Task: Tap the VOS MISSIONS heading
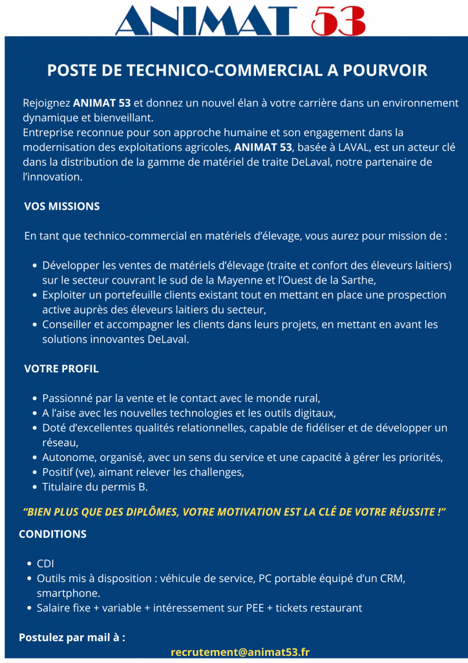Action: pos(61,207)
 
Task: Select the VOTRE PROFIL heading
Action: pos(61,369)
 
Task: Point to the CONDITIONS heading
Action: pos(52,534)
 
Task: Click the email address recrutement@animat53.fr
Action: pos(240,652)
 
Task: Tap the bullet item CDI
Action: pos(45,564)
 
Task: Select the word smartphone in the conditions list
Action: pos(68,593)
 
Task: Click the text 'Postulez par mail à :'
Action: pos(72,637)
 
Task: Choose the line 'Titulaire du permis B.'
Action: pos(95,487)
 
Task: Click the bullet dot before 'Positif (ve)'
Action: pos(34,473)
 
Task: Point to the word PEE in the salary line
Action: pos(248,608)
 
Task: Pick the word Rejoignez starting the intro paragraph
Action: pos(47,103)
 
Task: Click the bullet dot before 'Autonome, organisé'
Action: pos(34,458)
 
